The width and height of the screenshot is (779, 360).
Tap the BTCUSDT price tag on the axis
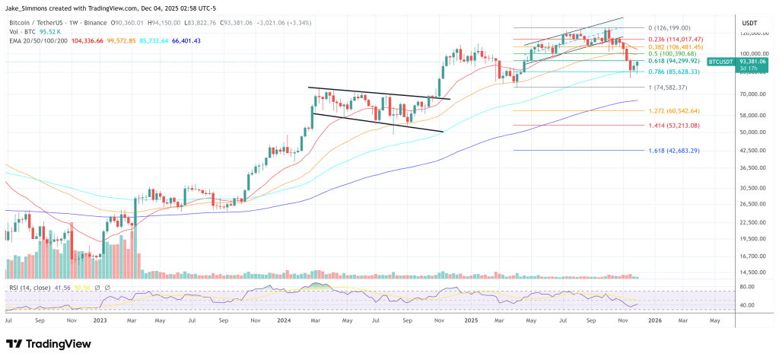click(720, 61)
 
